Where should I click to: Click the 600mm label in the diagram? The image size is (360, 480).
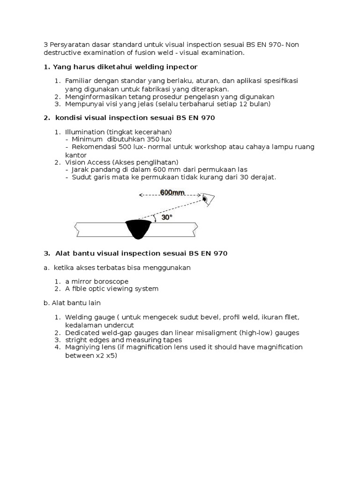(x=172, y=192)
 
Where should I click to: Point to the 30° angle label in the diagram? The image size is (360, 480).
(x=166, y=217)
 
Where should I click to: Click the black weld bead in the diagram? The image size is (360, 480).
(x=138, y=229)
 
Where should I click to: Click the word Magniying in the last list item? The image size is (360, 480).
(x=83, y=347)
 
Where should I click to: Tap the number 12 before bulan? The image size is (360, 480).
(x=244, y=104)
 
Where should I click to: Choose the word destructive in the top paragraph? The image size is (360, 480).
(x=62, y=53)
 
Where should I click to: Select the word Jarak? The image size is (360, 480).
(x=81, y=169)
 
